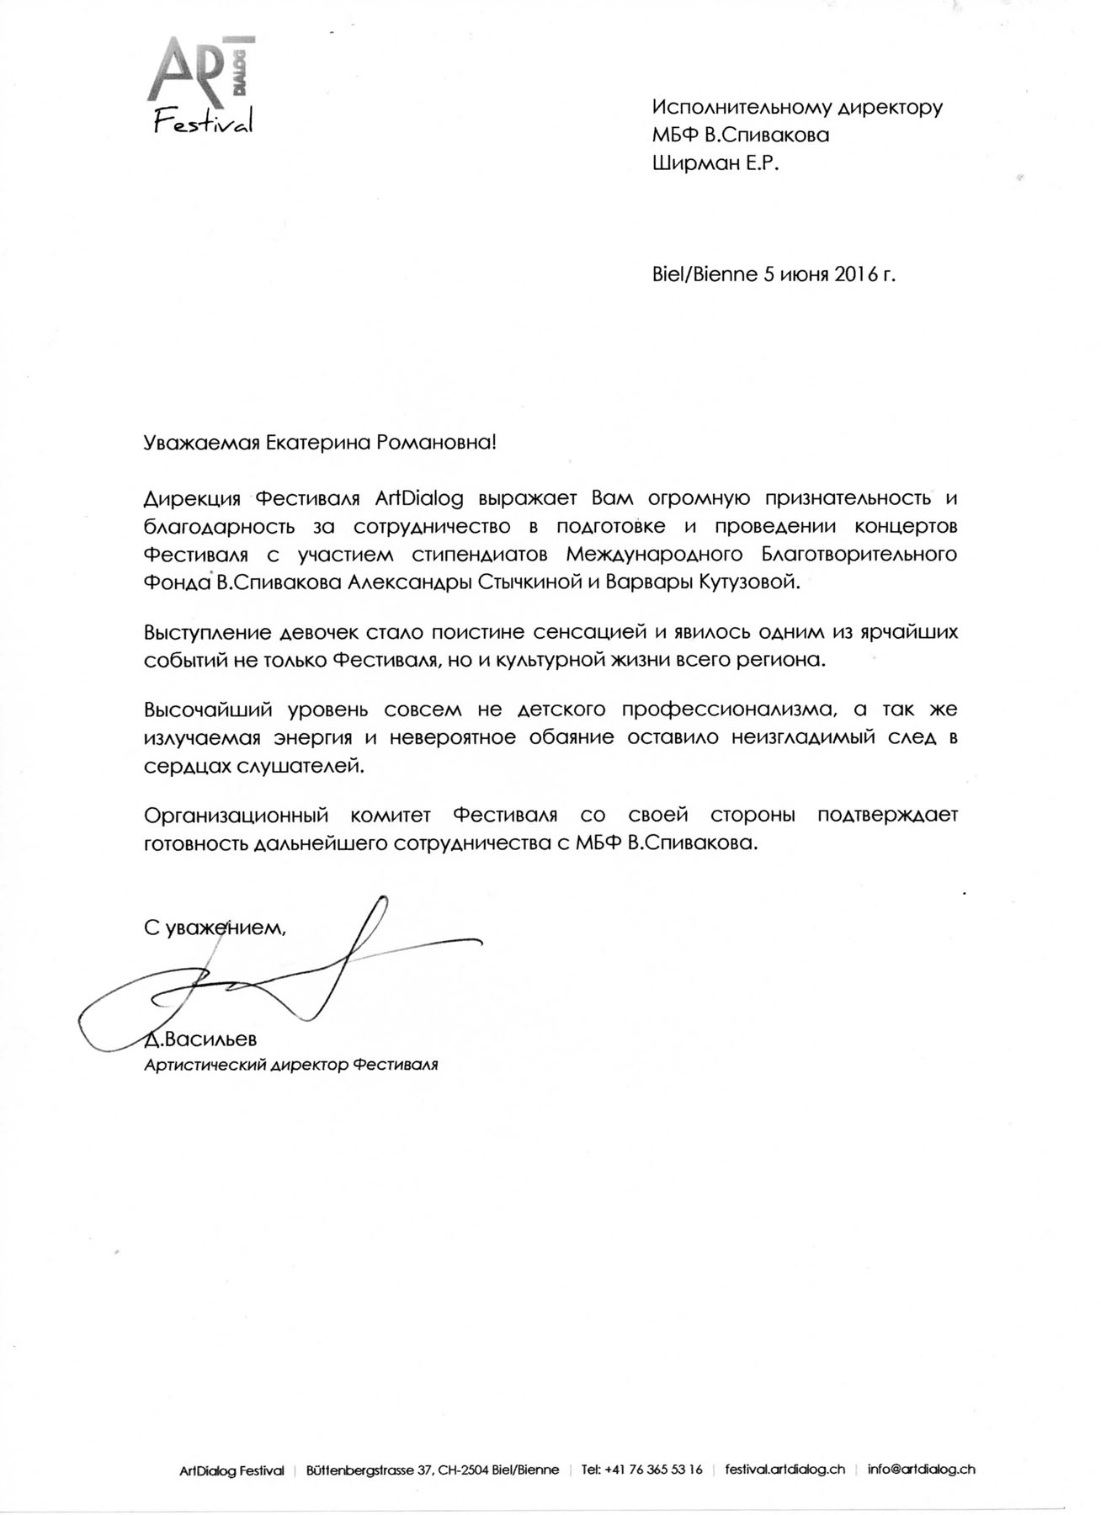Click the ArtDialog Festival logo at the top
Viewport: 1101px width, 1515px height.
[x=201, y=84]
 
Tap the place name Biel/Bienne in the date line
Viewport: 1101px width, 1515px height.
[x=705, y=274]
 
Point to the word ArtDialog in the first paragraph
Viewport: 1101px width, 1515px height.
[x=419, y=497]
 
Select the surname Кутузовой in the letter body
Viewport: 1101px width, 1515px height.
[x=747, y=582]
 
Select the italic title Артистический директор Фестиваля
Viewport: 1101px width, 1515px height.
[x=291, y=1065]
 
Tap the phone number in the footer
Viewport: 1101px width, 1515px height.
[x=653, y=1470]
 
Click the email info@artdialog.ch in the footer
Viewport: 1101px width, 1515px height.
[x=922, y=1470]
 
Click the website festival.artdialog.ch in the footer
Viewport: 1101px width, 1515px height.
[x=785, y=1470]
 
